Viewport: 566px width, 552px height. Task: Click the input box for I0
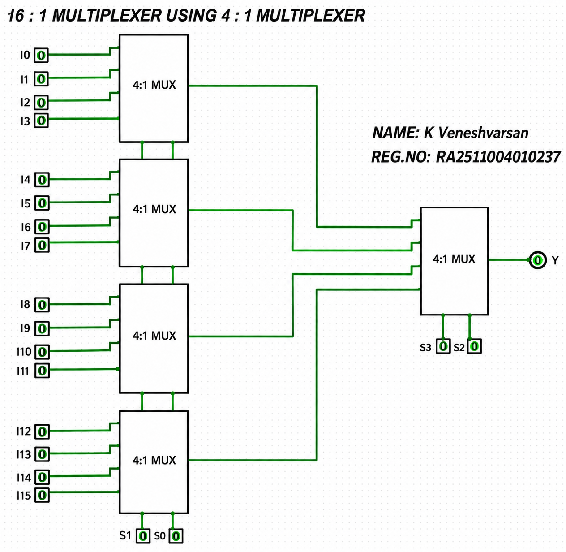(41, 55)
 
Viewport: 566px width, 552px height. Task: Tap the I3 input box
(41, 121)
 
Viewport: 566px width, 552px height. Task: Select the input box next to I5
(42, 203)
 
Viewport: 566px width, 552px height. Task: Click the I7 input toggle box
(42, 245)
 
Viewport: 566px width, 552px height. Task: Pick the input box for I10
(42, 352)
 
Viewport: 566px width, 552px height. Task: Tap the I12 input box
(42, 432)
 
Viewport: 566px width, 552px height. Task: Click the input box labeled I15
(42, 495)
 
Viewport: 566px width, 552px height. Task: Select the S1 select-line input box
(143, 536)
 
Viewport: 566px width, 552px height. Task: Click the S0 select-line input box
(176, 536)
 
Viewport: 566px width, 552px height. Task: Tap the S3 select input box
(443, 346)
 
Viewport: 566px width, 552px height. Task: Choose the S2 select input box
(474, 346)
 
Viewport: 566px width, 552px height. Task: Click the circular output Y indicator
(537, 260)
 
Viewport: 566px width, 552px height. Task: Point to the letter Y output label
(555, 260)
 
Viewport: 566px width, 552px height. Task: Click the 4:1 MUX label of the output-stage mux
(454, 259)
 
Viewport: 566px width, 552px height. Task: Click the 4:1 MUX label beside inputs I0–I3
(154, 85)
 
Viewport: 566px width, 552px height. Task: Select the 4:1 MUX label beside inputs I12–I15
(154, 460)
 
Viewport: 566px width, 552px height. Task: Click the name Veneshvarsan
(483, 133)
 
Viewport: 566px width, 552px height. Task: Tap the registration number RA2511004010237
(498, 157)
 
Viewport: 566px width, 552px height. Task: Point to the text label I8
(26, 304)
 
